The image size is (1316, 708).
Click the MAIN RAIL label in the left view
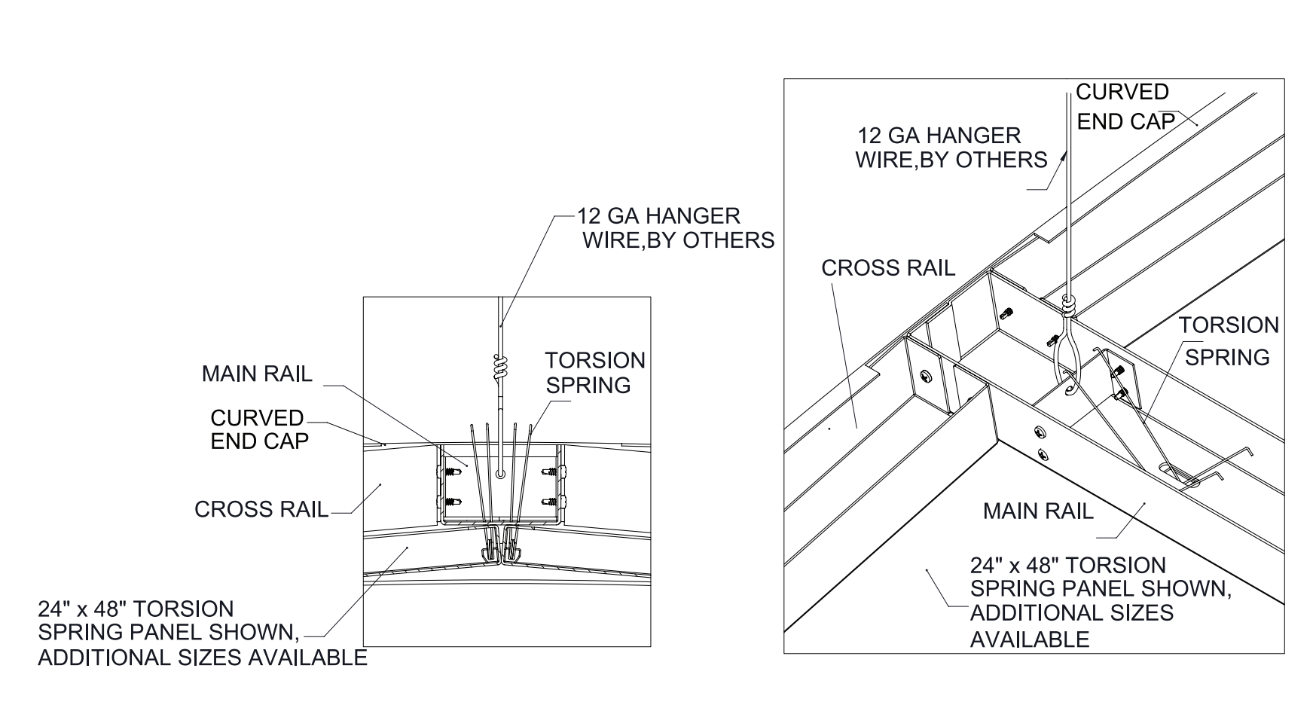256,374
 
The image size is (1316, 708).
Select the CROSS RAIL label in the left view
261,509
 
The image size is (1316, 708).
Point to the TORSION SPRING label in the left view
595,372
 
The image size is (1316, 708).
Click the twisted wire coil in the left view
501,368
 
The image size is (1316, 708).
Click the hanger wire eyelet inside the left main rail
501,474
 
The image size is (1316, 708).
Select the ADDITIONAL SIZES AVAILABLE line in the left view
202,658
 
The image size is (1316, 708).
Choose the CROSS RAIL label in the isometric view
887,268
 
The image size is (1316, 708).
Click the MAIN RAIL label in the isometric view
1037,511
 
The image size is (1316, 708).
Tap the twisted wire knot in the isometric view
1068,304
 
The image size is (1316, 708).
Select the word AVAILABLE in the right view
1029,639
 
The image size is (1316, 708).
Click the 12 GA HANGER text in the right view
939,136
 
